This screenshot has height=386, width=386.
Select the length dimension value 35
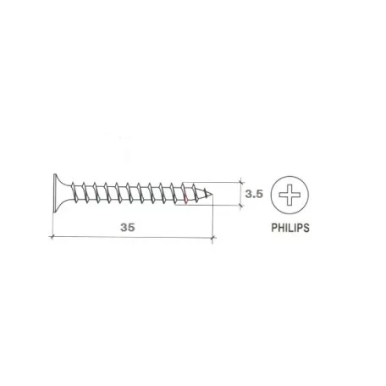(x=127, y=228)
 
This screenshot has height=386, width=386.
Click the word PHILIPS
(x=289, y=228)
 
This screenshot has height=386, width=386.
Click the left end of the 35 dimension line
(x=53, y=239)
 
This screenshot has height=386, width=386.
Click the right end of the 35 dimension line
(x=211, y=239)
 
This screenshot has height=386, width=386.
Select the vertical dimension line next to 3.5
(x=241, y=193)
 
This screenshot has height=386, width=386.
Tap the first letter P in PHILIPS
(x=273, y=228)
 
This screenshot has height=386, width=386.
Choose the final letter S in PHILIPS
(x=306, y=228)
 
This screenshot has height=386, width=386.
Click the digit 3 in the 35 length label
(x=123, y=228)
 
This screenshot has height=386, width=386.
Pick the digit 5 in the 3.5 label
(x=260, y=194)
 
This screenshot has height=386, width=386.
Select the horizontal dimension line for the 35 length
(x=132, y=239)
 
